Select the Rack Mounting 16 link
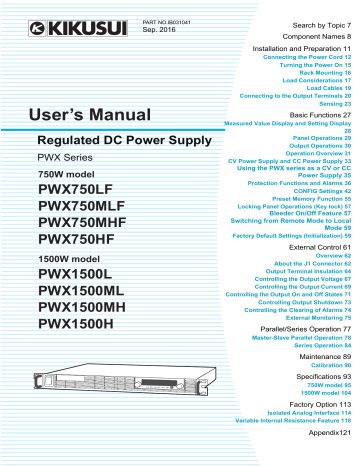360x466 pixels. pos(325,72)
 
